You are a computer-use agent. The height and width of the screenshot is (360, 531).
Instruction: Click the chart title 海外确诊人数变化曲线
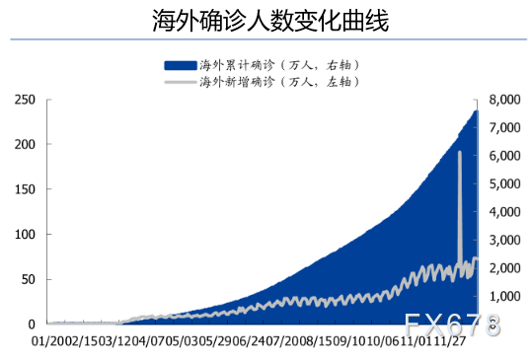[265, 21]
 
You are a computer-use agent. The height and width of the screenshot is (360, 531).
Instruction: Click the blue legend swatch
[180, 64]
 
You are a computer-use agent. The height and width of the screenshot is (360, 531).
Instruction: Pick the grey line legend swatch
[180, 81]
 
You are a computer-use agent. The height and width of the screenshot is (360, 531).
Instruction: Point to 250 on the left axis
[25, 100]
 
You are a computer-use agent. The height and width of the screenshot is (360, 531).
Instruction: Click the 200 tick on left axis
[25, 144]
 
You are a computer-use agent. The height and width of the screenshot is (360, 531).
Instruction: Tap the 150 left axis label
[25, 189]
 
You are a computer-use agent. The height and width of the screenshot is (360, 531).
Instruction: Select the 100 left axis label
[25, 234]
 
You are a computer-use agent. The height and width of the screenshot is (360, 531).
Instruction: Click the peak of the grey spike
[460, 152]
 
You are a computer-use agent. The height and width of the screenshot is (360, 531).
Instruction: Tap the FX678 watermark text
[453, 324]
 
